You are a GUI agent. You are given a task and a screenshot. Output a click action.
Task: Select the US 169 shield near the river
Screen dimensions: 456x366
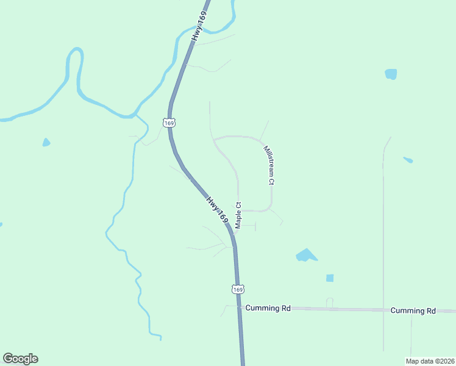point(169,123)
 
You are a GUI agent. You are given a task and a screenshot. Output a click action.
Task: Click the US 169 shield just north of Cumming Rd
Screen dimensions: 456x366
point(238,288)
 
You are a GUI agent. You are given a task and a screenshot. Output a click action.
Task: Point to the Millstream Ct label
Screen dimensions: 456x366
point(269,165)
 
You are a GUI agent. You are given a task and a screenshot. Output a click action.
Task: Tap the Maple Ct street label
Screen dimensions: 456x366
point(238,215)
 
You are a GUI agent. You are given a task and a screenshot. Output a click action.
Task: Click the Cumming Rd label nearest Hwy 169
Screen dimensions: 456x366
point(268,309)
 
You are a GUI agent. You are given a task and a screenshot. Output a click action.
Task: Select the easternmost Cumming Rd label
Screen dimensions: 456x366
point(413,310)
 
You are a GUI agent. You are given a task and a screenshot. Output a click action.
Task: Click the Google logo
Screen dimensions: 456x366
point(20,359)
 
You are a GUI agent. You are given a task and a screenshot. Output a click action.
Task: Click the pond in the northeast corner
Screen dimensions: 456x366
point(391,74)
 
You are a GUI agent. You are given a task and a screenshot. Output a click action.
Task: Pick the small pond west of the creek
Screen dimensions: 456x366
point(46,143)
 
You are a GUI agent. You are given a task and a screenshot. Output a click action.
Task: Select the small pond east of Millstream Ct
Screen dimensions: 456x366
point(408,160)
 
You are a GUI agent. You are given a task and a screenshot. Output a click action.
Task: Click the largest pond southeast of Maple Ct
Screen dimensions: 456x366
point(305,255)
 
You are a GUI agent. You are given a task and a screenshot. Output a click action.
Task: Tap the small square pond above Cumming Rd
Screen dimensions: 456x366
point(330,278)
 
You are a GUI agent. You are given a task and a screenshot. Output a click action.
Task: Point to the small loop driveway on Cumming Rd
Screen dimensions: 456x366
point(330,302)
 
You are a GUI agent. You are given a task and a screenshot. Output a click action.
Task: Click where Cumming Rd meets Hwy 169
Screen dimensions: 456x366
point(240,308)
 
